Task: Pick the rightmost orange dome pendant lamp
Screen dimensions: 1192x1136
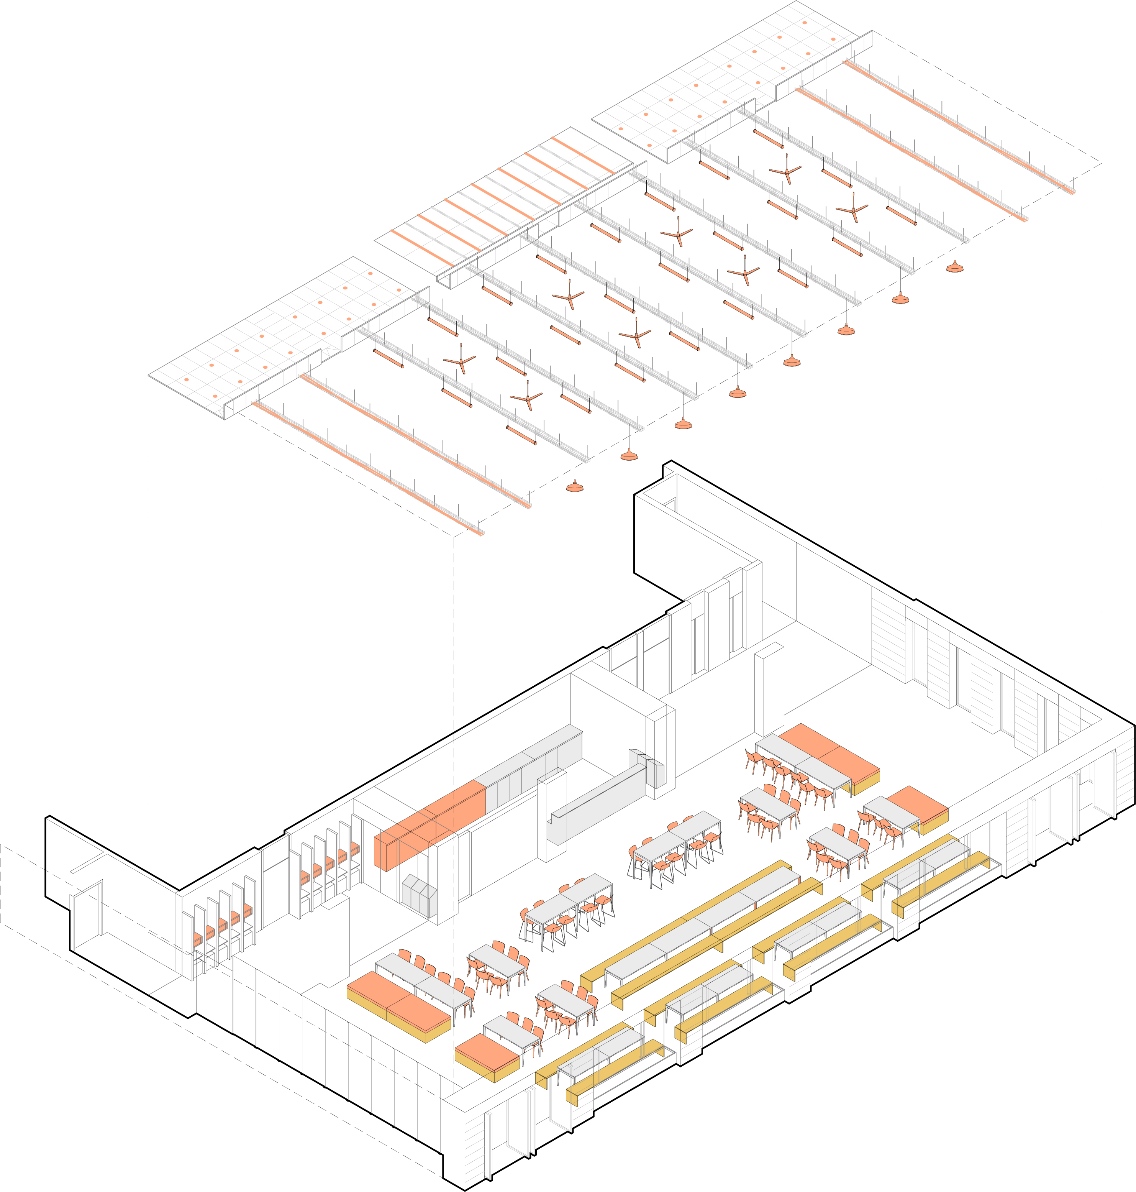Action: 955,267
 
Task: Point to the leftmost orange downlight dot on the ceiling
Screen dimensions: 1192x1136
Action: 187,380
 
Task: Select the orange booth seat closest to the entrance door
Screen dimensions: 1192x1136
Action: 197,937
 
